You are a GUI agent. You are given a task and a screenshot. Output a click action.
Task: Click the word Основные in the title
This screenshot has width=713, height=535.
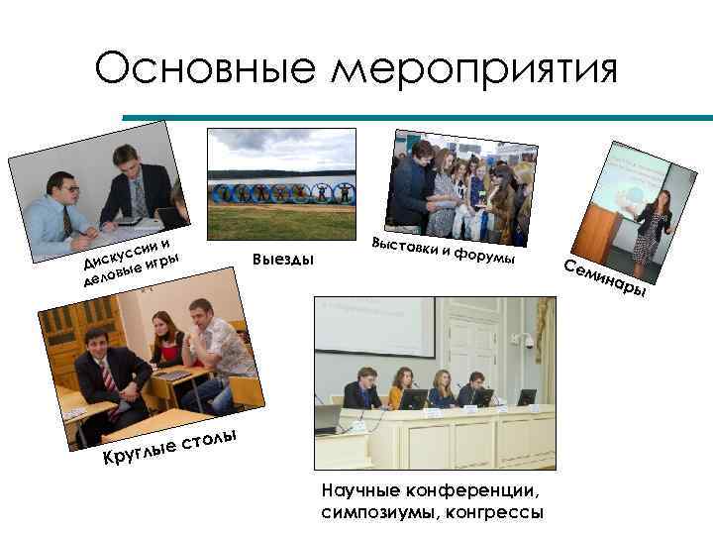pyautogui.click(x=205, y=68)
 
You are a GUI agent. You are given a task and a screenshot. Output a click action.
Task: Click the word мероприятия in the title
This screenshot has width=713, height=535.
pyautogui.click(x=475, y=68)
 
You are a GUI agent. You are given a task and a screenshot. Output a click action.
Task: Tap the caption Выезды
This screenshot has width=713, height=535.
pyautogui.click(x=282, y=260)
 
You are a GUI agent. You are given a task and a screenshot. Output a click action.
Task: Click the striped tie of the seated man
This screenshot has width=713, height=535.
pyautogui.click(x=110, y=375)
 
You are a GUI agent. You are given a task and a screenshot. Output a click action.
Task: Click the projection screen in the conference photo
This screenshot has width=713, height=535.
pyautogui.click(x=374, y=328)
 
